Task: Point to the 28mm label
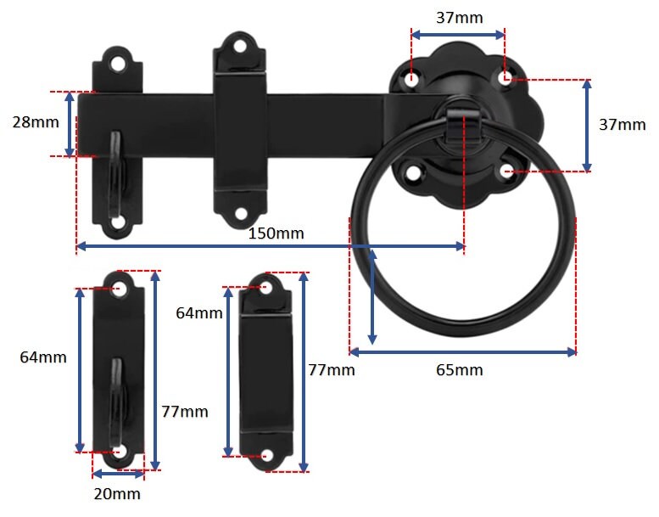click(36, 121)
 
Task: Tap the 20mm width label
click(118, 494)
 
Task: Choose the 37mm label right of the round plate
click(622, 124)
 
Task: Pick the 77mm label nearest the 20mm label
click(184, 412)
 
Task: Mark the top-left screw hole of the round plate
click(412, 81)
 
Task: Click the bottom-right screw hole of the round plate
click(505, 171)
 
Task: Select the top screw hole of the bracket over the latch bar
click(240, 47)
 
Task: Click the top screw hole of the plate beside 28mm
click(117, 62)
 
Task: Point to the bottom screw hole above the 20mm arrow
click(118, 452)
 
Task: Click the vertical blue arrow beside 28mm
click(70, 124)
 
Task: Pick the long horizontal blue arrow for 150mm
click(271, 247)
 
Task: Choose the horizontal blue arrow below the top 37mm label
click(458, 35)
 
